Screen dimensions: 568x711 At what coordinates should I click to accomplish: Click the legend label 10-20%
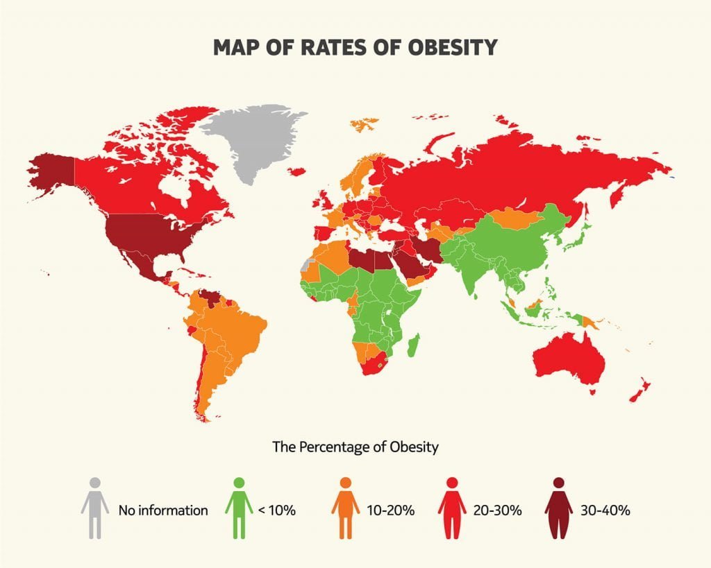391,511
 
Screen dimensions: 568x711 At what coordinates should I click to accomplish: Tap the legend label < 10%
277,511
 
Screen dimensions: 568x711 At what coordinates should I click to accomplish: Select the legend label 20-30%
498,511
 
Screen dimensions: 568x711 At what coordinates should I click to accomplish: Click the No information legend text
163,511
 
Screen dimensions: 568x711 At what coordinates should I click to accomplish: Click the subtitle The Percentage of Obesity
355,447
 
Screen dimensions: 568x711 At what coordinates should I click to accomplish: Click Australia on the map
569,361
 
